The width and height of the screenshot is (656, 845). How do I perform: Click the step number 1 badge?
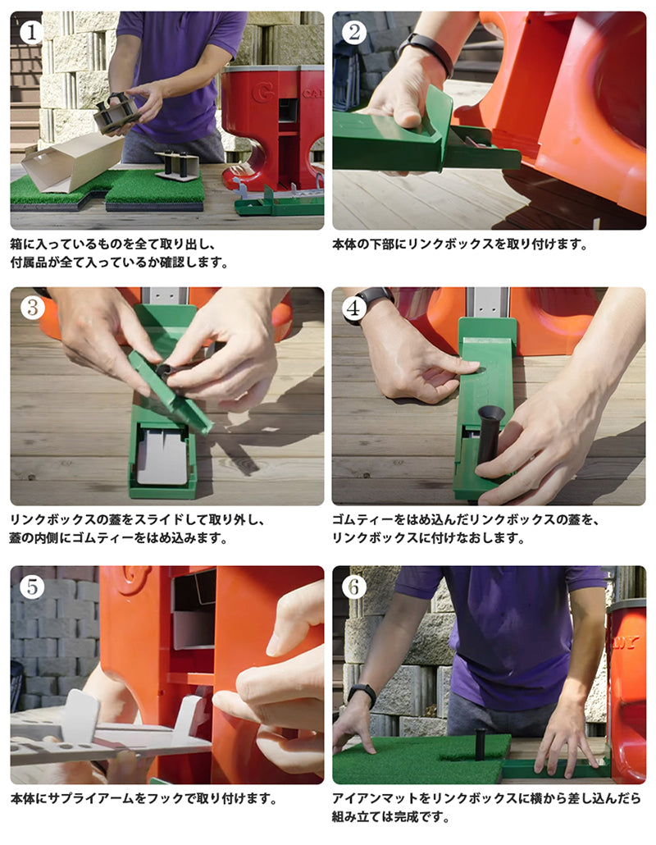[31, 32]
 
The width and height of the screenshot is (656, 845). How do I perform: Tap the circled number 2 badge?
[353, 32]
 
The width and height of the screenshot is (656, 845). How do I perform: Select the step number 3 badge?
[31, 308]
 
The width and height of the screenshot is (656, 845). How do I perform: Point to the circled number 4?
[353, 308]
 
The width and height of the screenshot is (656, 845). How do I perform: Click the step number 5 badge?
[31, 587]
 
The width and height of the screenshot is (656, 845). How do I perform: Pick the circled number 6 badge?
[353, 587]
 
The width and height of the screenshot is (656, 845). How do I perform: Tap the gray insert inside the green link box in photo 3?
[161, 455]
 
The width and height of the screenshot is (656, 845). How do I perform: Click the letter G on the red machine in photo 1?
[263, 92]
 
